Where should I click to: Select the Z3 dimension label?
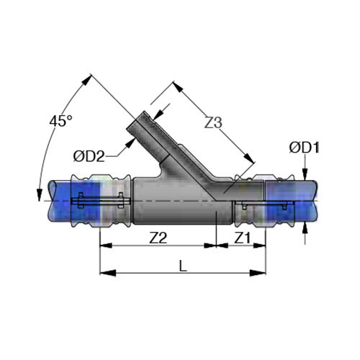tap(213, 123)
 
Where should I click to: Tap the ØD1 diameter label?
tap(305, 148)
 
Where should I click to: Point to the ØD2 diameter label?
tap(89, 156)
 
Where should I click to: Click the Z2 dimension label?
tap(158, 238)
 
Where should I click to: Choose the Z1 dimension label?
tap(242, 238)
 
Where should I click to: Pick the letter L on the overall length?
tap(183, 266)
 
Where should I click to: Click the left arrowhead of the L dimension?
tap(108, 273)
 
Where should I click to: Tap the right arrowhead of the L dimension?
tap(258, 273)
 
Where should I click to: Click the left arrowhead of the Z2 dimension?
tap(106, 246)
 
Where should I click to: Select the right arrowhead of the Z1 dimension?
tap(260, 246)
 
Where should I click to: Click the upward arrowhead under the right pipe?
tap(305, 228)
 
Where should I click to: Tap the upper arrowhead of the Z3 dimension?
tap(178, 86)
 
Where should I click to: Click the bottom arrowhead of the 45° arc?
tap(39, 195)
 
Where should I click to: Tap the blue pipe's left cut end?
tap(53, 201)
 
